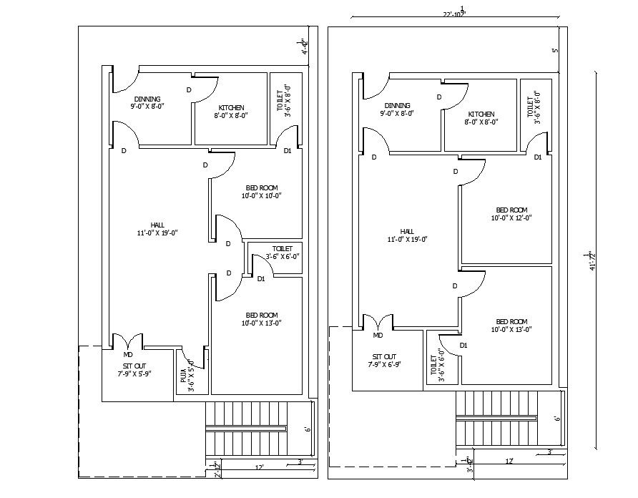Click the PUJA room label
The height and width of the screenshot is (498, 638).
tap(191, 376)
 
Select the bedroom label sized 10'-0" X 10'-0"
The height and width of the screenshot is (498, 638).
tap(262, 190)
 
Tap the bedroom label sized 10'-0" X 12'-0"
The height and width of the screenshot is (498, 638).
tap(511, 213)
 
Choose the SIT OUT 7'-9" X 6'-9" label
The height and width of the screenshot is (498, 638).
tap(384, 360)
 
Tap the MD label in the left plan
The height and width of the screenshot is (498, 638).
tap(128, 354)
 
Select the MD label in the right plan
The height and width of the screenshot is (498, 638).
tap(378, 335)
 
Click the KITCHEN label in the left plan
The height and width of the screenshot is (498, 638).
tap(231, 111)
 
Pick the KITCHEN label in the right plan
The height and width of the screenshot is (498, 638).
tap(481, 117)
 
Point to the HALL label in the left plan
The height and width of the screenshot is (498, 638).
tap(157, 229)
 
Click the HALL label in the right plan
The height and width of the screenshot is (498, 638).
tap(407, 235)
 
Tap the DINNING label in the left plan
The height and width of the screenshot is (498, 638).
tap(147, 102)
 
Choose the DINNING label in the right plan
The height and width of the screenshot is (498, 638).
tap(397, 109)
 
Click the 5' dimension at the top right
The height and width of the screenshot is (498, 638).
tap(555, 51)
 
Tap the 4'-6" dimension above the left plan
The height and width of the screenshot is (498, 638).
tap(304, 47)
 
